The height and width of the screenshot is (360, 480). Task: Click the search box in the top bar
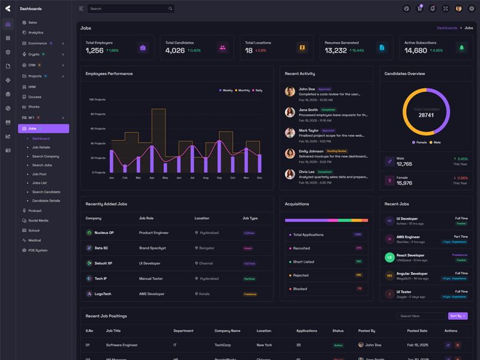(129, 9)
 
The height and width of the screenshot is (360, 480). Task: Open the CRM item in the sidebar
(32, 65)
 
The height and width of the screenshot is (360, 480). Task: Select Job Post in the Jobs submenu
(39, 174)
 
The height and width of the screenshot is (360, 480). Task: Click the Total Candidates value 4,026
(175, 51)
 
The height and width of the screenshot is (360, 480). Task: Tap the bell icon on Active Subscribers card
(461, 47)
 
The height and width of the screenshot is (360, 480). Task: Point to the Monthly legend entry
(242, 91)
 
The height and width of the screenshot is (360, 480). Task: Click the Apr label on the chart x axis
(152, 178)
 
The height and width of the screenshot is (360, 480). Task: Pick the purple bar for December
(259, 163)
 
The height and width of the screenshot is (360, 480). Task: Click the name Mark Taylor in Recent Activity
(308, 130)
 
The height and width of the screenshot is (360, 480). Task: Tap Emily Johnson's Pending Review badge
(337, 151)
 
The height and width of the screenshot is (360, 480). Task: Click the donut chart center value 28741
(426, 115)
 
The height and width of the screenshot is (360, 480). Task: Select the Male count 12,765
(404, 164)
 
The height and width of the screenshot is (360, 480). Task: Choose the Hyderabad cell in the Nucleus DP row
(209, 233)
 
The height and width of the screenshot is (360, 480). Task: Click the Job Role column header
(146, 218)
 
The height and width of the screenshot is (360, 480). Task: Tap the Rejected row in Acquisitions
(302, 275)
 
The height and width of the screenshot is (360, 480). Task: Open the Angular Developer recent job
(412, 274)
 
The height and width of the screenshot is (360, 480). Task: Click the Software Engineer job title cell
(122, 345)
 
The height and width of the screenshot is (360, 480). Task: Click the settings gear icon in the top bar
(472, 9)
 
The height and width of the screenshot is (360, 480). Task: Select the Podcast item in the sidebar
(35, 211)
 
